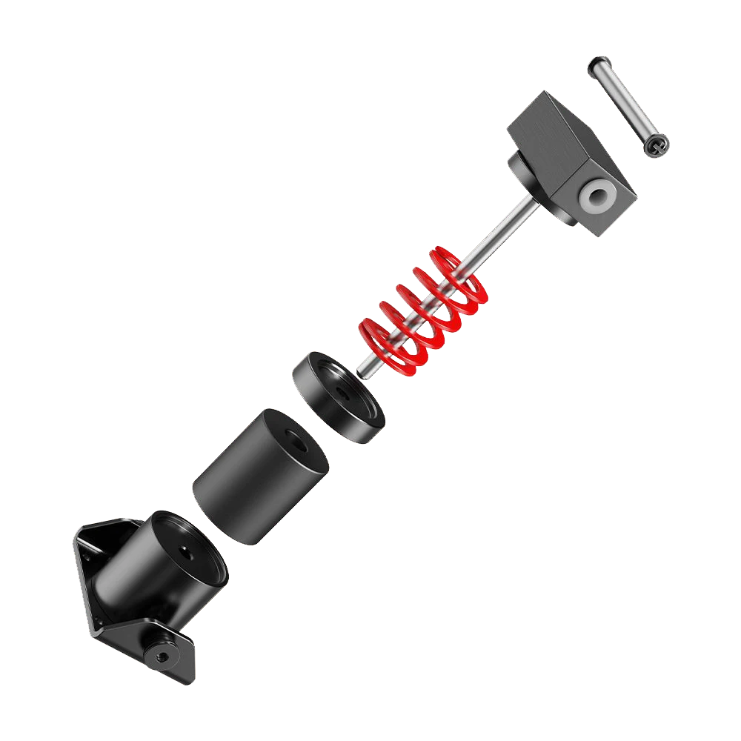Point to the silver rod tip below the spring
[x=365, y=368]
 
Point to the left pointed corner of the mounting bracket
[x=76, y=534]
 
